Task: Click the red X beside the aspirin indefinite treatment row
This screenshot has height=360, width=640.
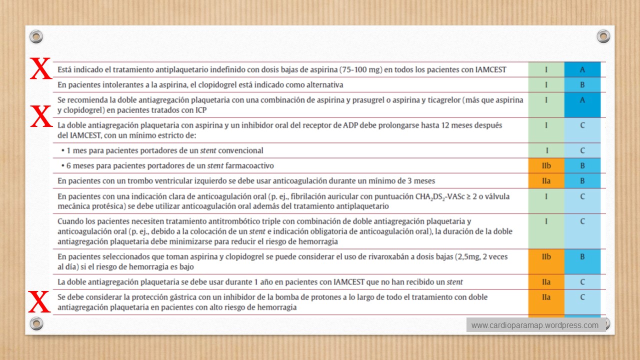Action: (40, 68)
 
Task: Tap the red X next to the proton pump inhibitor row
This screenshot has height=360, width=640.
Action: (40, 301)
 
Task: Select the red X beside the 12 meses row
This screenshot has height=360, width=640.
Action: (41, 116)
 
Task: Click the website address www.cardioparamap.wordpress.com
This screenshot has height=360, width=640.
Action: (534, 325)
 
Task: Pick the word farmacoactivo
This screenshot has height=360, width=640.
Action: (249, 165)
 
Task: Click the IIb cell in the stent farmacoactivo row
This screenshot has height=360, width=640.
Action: (546, 165)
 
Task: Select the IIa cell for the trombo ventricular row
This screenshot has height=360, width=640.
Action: (546, 181)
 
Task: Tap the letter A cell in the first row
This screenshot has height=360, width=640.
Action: (582, 69)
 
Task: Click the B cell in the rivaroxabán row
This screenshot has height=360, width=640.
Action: (582, 256)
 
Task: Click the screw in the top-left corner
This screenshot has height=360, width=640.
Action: (36, 36)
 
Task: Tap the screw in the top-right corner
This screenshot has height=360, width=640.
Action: (603, 36)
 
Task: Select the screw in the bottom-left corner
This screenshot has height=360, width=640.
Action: (36, 323)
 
